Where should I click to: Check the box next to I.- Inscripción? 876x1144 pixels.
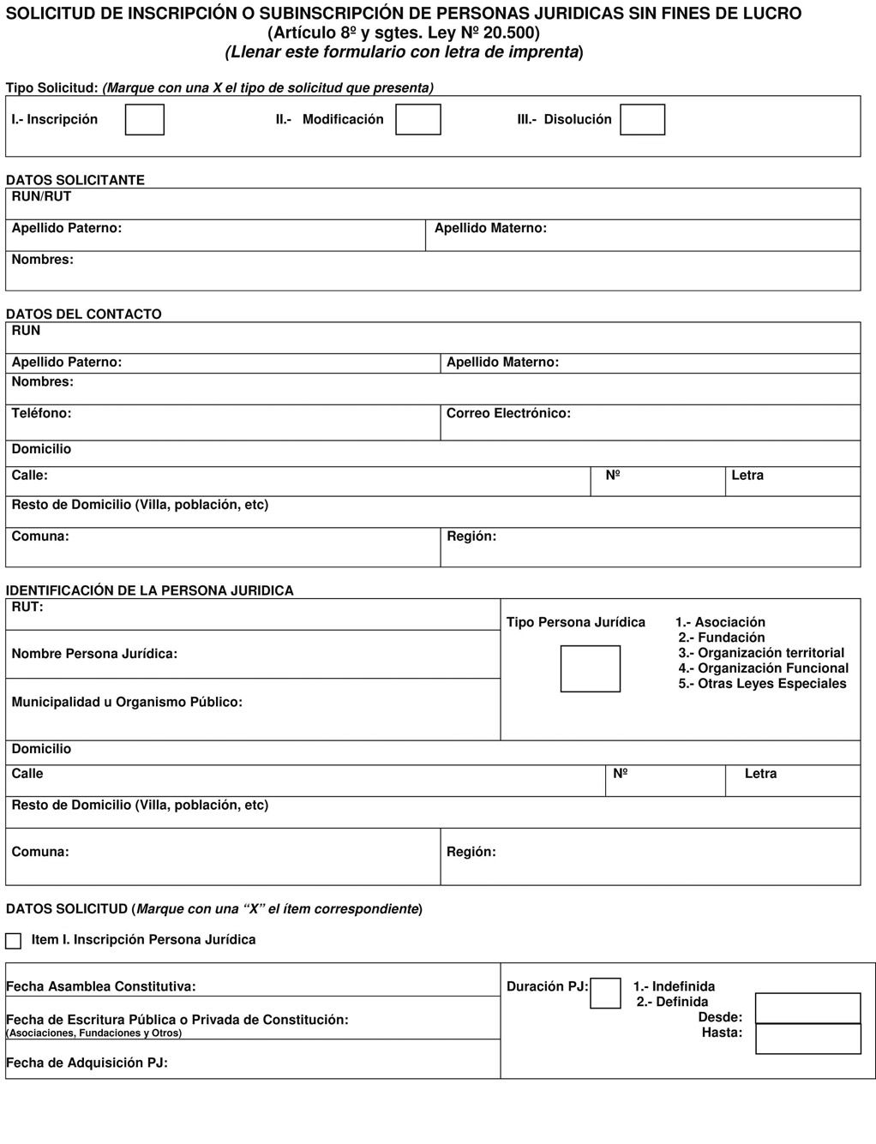[144, 119]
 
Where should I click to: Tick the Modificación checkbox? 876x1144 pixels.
[417, 119]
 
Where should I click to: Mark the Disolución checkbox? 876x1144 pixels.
[642, 119]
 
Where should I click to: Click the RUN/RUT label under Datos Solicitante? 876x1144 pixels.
[41, 196]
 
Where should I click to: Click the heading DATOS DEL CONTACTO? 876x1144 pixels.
[83, 314]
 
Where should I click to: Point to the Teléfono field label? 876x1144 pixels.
[41, 413]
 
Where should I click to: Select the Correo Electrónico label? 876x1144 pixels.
[508, 413]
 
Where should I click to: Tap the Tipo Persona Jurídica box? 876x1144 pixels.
[590, 668]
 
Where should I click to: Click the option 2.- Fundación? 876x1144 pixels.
[722, 638]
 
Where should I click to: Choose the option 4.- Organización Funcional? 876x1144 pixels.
[763, 668]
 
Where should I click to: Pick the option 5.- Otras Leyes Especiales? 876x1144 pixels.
[762, 684]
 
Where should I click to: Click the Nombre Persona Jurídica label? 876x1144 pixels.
[94, 654]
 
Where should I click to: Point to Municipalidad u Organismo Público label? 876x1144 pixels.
[127, 702]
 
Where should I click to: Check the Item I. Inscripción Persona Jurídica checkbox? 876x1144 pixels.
[13, 941]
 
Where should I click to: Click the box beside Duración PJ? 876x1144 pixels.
[605, 992]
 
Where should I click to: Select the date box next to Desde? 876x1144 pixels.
[807, 1008]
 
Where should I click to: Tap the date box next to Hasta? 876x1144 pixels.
[807, 1039]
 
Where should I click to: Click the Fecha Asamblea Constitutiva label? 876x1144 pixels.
[101, 986]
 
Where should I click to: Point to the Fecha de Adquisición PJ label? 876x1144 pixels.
[87, 1063]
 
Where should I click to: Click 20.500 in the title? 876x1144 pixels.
[511, 33]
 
